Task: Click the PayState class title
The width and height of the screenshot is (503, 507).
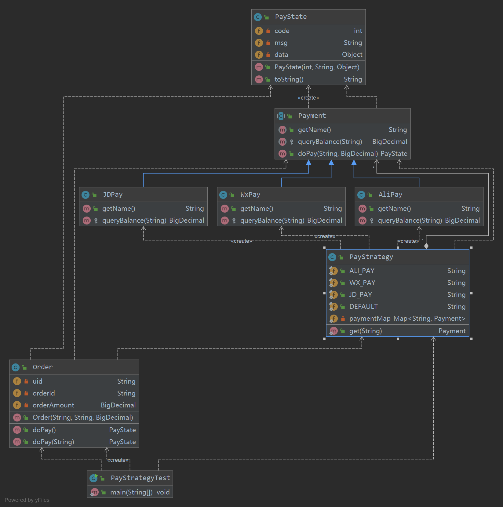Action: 291,17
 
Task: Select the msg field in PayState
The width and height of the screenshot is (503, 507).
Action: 281,43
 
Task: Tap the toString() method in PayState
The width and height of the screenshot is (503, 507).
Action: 289,79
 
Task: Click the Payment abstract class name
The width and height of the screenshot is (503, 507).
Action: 312,116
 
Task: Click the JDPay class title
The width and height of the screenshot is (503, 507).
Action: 113,195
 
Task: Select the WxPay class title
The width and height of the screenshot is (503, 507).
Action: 250,195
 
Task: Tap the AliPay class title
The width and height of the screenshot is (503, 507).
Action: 390,195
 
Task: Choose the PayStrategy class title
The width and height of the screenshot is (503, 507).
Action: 371,257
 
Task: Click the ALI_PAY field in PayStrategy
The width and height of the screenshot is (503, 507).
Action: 362,271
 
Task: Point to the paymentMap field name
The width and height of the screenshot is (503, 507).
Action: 370,319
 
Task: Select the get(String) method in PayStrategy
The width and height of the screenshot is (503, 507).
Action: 366,331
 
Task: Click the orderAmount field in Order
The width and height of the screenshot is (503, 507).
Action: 53,405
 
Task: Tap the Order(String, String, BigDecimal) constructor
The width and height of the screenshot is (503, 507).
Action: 83,418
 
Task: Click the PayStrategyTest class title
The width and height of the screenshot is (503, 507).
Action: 140,478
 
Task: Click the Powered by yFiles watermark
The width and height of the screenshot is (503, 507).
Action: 27,500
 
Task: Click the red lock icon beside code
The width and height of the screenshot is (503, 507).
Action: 268,31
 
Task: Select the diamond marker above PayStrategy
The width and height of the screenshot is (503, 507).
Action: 426,246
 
